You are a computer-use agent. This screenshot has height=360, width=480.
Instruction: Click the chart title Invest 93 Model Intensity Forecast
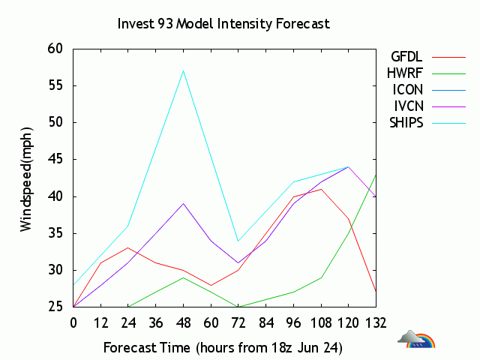click(x=223, y=23)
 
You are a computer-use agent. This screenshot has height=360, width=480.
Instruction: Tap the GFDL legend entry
click(x=406, y=56)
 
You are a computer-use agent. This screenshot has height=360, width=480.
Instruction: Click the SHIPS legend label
click(x=406, y=123)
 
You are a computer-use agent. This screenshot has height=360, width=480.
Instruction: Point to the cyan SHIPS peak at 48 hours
click(x=184, y=70)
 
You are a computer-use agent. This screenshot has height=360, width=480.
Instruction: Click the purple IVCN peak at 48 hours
click(x=184, y=203)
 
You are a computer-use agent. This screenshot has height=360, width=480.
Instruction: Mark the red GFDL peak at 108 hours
click(x=321, y=189)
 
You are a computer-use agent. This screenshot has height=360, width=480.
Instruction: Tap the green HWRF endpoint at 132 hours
click(x=376, y=174)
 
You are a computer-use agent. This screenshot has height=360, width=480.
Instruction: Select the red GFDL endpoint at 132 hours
click(x=376, y=292)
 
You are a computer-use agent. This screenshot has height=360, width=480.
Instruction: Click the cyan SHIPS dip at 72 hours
click(x=238, y=241)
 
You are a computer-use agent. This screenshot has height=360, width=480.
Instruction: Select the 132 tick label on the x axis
click(x=376, y=323)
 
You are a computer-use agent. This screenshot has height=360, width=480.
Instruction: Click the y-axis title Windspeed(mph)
click(x=26, y=177)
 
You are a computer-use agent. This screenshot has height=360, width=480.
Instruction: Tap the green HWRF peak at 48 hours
click(x=184, y=277)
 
